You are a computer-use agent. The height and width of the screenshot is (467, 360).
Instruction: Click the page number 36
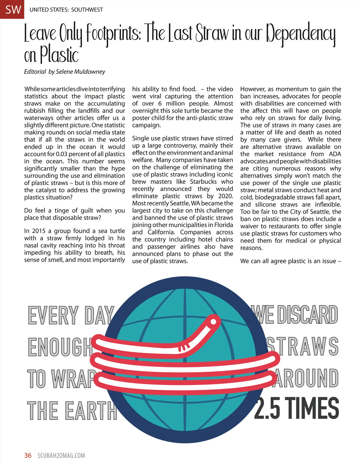pos(28,455)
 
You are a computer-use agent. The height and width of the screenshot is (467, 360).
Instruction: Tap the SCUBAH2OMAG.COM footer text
pos(61,456)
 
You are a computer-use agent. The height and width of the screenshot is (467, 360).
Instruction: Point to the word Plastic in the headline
pos(59,55)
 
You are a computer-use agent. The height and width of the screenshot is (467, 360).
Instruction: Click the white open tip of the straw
pos(213,322)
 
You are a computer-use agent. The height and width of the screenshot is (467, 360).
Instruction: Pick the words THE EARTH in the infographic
pos(72,410)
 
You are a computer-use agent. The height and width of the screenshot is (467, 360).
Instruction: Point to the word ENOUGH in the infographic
pos(60,347)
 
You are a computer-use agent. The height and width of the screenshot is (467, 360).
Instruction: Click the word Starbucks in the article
pos(203,182)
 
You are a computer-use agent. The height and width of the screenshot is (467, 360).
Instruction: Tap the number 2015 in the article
pos(39,231)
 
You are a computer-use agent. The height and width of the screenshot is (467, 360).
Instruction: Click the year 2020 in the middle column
pos(225,196)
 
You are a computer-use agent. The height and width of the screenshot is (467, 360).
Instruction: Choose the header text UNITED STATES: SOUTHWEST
pos(66,10)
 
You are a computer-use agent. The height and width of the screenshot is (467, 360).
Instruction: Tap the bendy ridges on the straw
pos(184,347)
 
